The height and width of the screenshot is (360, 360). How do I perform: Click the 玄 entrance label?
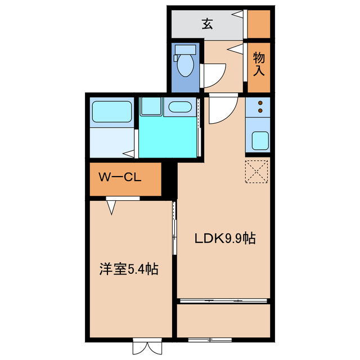[x=208, y=24]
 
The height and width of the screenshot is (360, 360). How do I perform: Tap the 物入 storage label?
[x=259, y=64]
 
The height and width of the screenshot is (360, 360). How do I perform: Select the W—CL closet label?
[x=119, y=178]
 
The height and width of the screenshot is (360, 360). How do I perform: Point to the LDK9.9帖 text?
[x=225, y=238]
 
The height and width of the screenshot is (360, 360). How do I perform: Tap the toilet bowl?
[x=184, y=66]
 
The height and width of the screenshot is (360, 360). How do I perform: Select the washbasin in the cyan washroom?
[x=180, y=107]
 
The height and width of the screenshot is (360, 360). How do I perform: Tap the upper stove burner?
[x=260, y=103]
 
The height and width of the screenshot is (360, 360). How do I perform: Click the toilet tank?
[x=184, y=50]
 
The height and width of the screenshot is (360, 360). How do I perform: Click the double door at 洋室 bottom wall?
[x=146, y=345]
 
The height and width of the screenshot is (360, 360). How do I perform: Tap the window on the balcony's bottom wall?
[x=209, y=340]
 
